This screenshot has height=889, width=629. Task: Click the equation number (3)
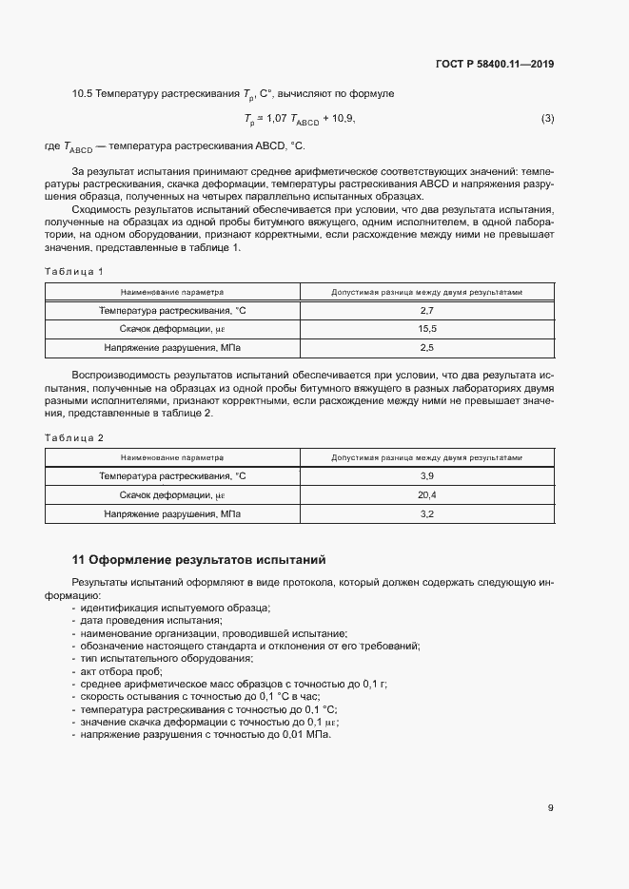[x=547, y=119]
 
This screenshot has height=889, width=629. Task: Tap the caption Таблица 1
[x=74, y=272]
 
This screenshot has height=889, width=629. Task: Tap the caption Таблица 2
[x=74, y=437]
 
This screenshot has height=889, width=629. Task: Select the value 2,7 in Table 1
[x=426, y=311]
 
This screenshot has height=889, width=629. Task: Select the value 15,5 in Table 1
[x=426, y=329]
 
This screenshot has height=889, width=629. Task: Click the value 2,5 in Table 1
[x=426, y=348]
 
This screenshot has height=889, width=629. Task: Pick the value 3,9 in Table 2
[x=426, y=475]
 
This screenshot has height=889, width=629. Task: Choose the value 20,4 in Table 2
[x=426, y=494]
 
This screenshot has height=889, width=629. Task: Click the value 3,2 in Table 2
[x=426, y=513]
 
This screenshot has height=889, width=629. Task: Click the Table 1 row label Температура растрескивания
[x=172, y=311]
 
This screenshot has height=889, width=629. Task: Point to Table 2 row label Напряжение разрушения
[x=172, y=513]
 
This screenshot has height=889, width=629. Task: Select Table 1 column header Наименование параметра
[x=172, y=293]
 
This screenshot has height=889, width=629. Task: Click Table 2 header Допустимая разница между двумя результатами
[x=426, y=457]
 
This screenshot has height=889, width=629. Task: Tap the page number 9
[x=550, y=808]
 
